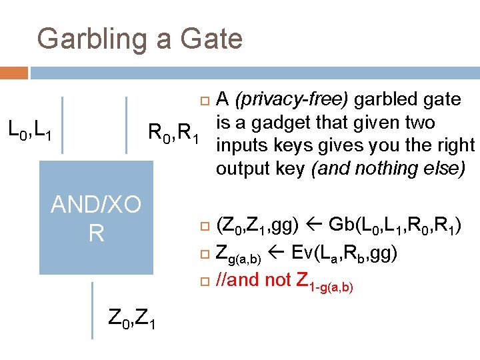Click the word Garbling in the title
point(93,39)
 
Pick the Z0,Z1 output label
point(132,323)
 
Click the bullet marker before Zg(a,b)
point(205,253)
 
